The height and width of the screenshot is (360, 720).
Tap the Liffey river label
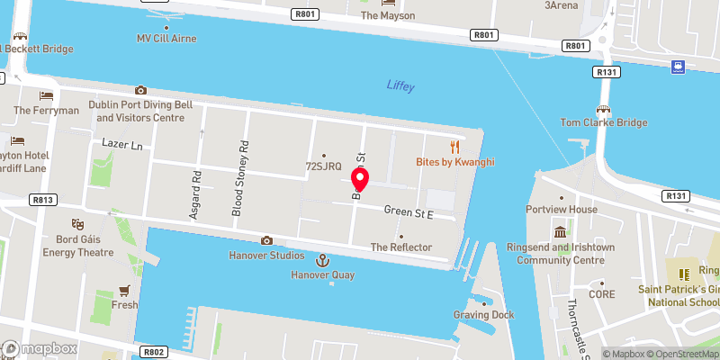400,85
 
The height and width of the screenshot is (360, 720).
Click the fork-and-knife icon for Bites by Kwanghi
455,147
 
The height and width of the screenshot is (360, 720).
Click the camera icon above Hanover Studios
266,240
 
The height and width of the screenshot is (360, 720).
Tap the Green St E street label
409,211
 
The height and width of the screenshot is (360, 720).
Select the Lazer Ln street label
122,145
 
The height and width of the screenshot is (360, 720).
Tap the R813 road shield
42,200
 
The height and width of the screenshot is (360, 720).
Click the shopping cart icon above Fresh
125,291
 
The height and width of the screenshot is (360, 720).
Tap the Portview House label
562,210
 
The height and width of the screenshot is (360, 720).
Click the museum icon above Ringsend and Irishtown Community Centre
561,232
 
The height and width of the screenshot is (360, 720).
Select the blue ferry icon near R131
676,67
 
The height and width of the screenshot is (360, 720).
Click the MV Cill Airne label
166,39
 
